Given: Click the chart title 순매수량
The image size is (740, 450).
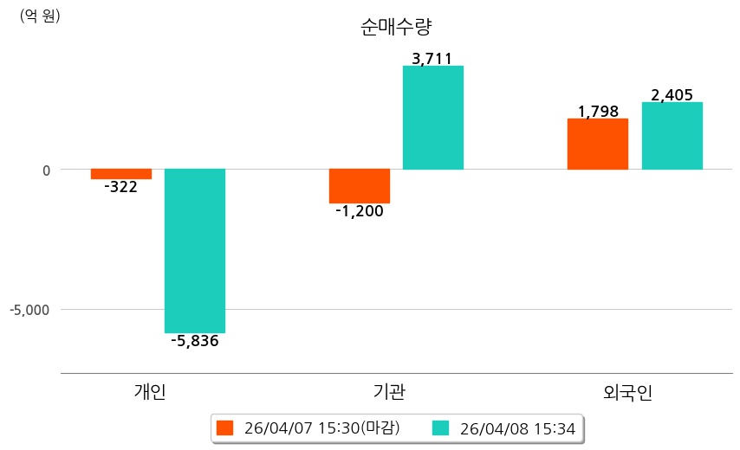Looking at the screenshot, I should click(x=395, y=27).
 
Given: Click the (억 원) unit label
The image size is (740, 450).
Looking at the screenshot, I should click(x=40, y=16).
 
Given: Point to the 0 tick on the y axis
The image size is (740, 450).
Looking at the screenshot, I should click(x=46, y=170).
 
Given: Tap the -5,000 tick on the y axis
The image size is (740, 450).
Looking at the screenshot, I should click(x=30, y=310).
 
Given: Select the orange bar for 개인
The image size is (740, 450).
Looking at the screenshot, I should click(x=121, y=174).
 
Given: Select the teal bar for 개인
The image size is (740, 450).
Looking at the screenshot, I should click(x=195, y=251).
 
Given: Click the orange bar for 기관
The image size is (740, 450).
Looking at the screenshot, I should click(x=360, y=186).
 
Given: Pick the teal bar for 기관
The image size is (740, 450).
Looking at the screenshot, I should click(x=433, y=118).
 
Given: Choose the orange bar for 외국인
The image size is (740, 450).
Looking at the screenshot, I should click(x=598, y=144).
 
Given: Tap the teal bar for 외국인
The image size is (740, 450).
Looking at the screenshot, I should click(x=672, y=136).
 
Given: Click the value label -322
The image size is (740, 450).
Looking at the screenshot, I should click(x=120, y=187).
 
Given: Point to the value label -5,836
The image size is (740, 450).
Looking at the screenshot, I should click(x=195, y=341).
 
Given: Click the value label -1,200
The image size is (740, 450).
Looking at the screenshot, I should click(x=359, y=211).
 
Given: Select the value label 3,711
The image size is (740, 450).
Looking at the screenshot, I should click(x=432, y=59).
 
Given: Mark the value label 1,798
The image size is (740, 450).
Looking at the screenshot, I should click(x=598, y=112).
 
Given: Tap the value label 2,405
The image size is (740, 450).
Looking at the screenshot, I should click(x=672, y=95).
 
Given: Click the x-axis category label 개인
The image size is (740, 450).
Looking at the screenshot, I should click(x=150, y=392).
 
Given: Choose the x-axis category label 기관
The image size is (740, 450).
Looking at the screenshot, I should click(x=388, y=392).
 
